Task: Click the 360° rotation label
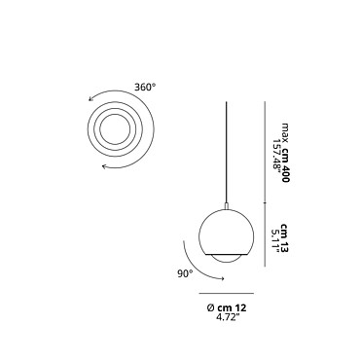(x=145, y=88)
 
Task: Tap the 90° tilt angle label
(x=185, y=273)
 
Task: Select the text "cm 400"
(x=284, y=165)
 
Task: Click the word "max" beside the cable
(x=285, y=132)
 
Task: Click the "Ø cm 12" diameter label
(x=227, y=307)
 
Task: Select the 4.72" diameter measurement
(x=228, y=317)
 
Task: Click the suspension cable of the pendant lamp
(x=226, y=152)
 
